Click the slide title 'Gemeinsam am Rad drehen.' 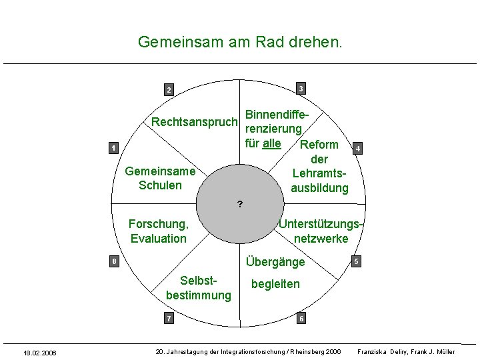(x=240, y=42)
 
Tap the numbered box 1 (x=114, y=148)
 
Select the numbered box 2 (x=169, y=90)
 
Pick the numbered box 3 (x=301, y=89)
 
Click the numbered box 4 (x=359, y=148)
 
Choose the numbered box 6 (x=301, y=319)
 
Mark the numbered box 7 (x=169, y=319)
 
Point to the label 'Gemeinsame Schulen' (x=160, y=178)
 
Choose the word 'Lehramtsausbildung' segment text (x=319, y=181)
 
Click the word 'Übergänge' (x=275, y=262)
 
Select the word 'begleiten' (x=275, y=284)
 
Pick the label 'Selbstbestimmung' (x=199, y=287)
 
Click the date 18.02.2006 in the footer (x=40, y=352)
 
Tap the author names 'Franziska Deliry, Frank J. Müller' (x=406, y=351)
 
